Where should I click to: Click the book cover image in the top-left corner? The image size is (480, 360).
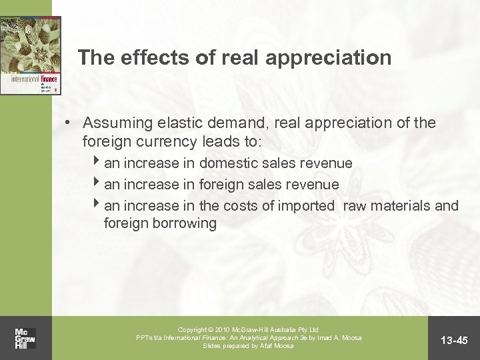[30, 56]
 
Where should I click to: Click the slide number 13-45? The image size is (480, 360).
[454, 341]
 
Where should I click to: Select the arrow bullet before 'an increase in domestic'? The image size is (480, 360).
[99, 162]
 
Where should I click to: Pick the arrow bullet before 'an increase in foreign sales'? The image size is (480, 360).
[99, 183]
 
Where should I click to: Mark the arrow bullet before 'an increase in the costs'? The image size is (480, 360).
[99, 205]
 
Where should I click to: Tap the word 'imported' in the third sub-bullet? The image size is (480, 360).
[305, 205]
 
